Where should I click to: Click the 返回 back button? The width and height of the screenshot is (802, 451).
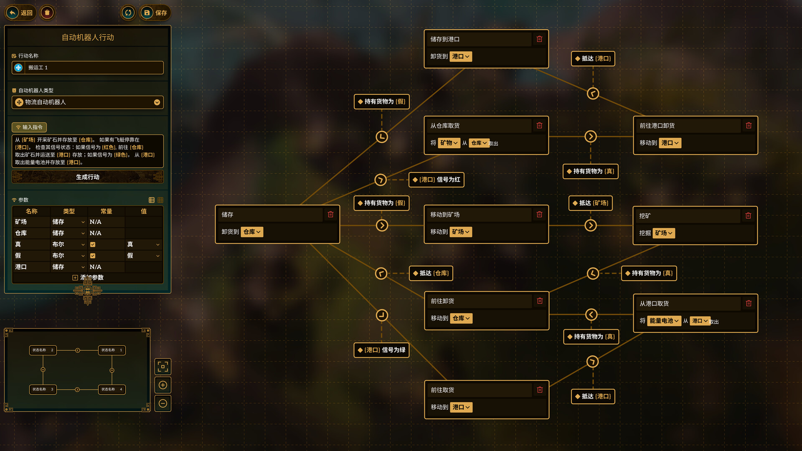pos(20,13)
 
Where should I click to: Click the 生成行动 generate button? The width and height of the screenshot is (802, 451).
pos(87,177)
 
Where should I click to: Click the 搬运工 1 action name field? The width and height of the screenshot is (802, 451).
pos(94,68)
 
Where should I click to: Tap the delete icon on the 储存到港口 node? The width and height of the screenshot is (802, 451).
pos(539,39)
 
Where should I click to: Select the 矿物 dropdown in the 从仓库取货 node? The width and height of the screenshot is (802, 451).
pos(449,143)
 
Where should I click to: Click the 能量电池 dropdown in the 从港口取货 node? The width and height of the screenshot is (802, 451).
pos(664,321)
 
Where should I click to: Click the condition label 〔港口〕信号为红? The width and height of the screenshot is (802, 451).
pos(437,180)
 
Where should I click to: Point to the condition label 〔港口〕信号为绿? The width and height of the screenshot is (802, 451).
pos(381,350)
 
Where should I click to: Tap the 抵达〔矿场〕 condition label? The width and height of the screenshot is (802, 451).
pos(590,203)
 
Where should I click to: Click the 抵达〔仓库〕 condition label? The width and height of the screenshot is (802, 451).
pos(431,273)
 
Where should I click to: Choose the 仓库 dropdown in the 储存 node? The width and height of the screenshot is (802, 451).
pos(252,232)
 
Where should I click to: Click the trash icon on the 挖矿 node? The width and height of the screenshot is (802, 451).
pos(748,216)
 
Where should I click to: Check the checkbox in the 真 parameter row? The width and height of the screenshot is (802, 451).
pos(93,245)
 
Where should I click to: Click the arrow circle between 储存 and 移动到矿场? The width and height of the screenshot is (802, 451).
pos(382,225)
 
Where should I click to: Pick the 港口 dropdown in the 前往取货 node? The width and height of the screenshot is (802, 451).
pos(461,407)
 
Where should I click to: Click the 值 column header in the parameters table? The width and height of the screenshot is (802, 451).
pos(144,211)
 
